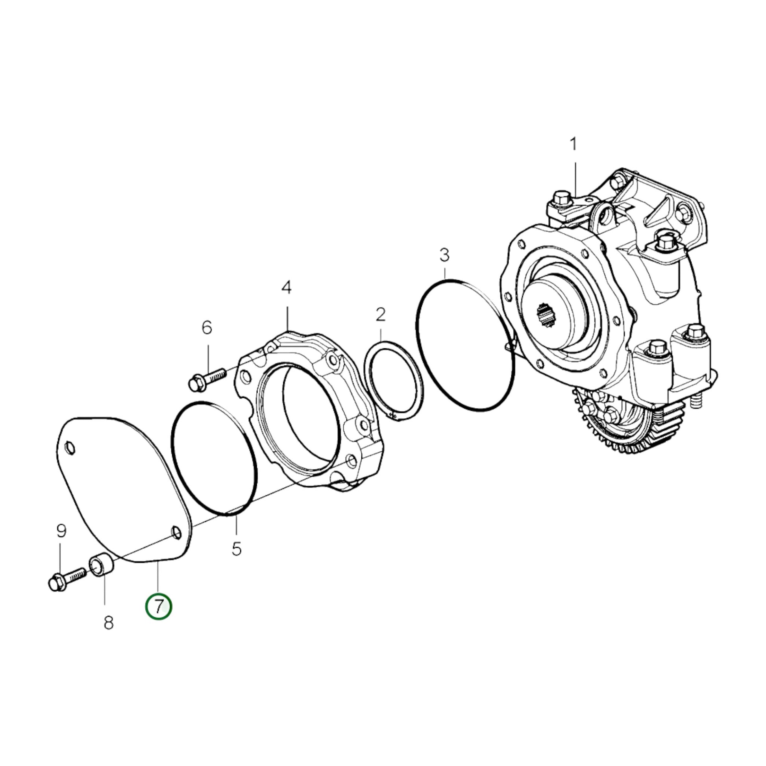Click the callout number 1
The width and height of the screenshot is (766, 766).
click(x=573, y=144)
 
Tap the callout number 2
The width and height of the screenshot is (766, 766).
click(x=381, y=315)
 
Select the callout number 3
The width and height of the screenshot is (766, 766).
click(x=444, y=256)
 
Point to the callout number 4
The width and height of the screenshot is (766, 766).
click(x=286, y=287)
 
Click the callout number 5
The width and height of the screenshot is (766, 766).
click(x=237, y=549)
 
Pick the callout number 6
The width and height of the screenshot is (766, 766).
click(x=207, y=327)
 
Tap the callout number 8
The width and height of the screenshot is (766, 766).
click(x=109, y=623)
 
